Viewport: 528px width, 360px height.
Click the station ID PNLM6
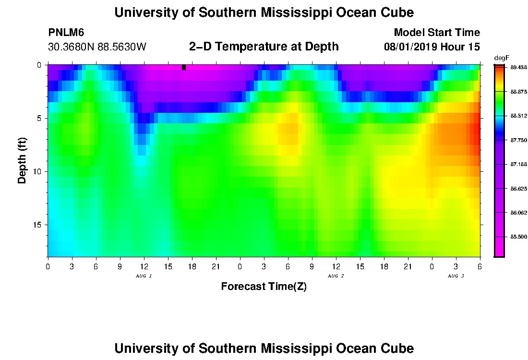(66, 33)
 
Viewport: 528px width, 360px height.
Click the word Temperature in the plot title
(260, 47)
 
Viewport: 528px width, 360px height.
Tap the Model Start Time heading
(436, 33)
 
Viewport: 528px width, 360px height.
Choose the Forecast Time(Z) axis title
(264, 287)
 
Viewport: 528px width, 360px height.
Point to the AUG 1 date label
(144, 276)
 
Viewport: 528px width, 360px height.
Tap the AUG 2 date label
(336, 276)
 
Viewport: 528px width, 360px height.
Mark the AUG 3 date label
(456, 276)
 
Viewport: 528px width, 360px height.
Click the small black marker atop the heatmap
(184, 67)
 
